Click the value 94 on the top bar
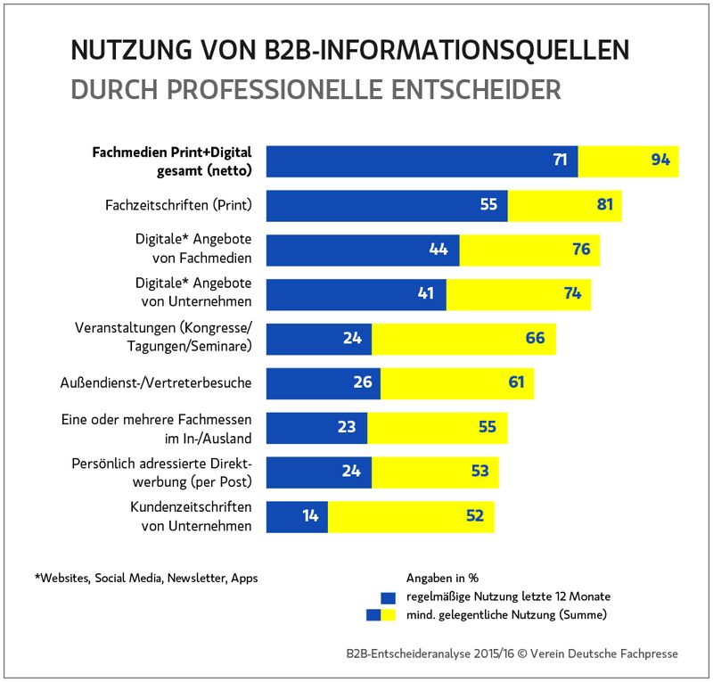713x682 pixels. pyautogui.click(x=660, y=160)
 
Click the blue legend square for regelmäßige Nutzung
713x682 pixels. pyautogui.click(x=387, y=596)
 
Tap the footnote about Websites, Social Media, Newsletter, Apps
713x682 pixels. pyautogui.click(x=146, y=578)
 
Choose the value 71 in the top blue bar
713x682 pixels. pyautogui.click(x=560, y=160)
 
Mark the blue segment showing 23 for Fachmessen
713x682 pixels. pyautogui.click(x=316, y=427)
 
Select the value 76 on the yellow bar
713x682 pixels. pyautogui.click(x=581, y=249)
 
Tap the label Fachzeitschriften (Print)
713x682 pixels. pyautogui.click(x=177, y=205)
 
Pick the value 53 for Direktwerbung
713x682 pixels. pyautogui.click(x=480, y=471)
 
